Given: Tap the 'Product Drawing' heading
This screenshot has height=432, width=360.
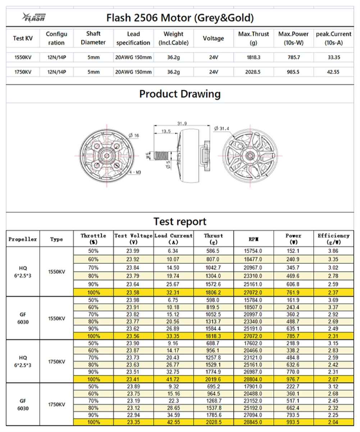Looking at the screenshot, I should coord(180,94).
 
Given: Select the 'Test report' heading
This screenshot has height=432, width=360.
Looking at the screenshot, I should coord(180,221).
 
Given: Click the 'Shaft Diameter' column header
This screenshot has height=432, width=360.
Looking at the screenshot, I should coord(94,38).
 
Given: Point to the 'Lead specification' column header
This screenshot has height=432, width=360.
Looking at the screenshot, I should coord(133,38).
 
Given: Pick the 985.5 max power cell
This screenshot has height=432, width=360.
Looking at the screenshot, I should coord(293,72).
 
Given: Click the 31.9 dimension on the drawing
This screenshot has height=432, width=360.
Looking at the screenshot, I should coord(182,124).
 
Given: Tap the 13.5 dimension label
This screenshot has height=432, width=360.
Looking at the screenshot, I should coord(166,131).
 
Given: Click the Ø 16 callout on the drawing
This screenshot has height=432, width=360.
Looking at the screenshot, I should coord(134,135).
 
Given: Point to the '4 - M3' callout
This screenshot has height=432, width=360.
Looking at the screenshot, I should coord(135,172).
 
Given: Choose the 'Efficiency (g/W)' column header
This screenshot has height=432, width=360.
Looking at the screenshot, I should coord(333,239).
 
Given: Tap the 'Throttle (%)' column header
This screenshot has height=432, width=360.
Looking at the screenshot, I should coord(94,239).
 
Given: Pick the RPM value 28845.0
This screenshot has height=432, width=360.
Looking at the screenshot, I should coord(254,422).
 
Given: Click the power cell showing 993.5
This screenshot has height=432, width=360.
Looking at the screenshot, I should coord(293,422).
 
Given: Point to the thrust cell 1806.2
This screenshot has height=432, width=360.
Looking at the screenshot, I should coord(214,292).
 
